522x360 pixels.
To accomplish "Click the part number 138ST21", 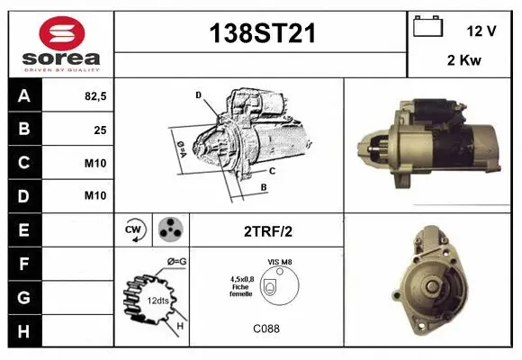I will (x=262, y=34).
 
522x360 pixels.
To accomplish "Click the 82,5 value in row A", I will (x=94, y=95).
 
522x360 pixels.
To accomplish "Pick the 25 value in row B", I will (x=99, y=129).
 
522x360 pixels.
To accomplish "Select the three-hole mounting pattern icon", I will (x=170, y=230).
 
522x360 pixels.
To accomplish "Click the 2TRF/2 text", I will (x=267, y=231).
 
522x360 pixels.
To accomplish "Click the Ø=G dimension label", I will (x=177, y=262).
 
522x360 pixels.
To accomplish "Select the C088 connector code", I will (x=266, y=328).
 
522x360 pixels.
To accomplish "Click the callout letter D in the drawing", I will (x=198, y=95).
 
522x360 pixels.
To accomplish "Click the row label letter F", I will (x=23, y=263).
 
